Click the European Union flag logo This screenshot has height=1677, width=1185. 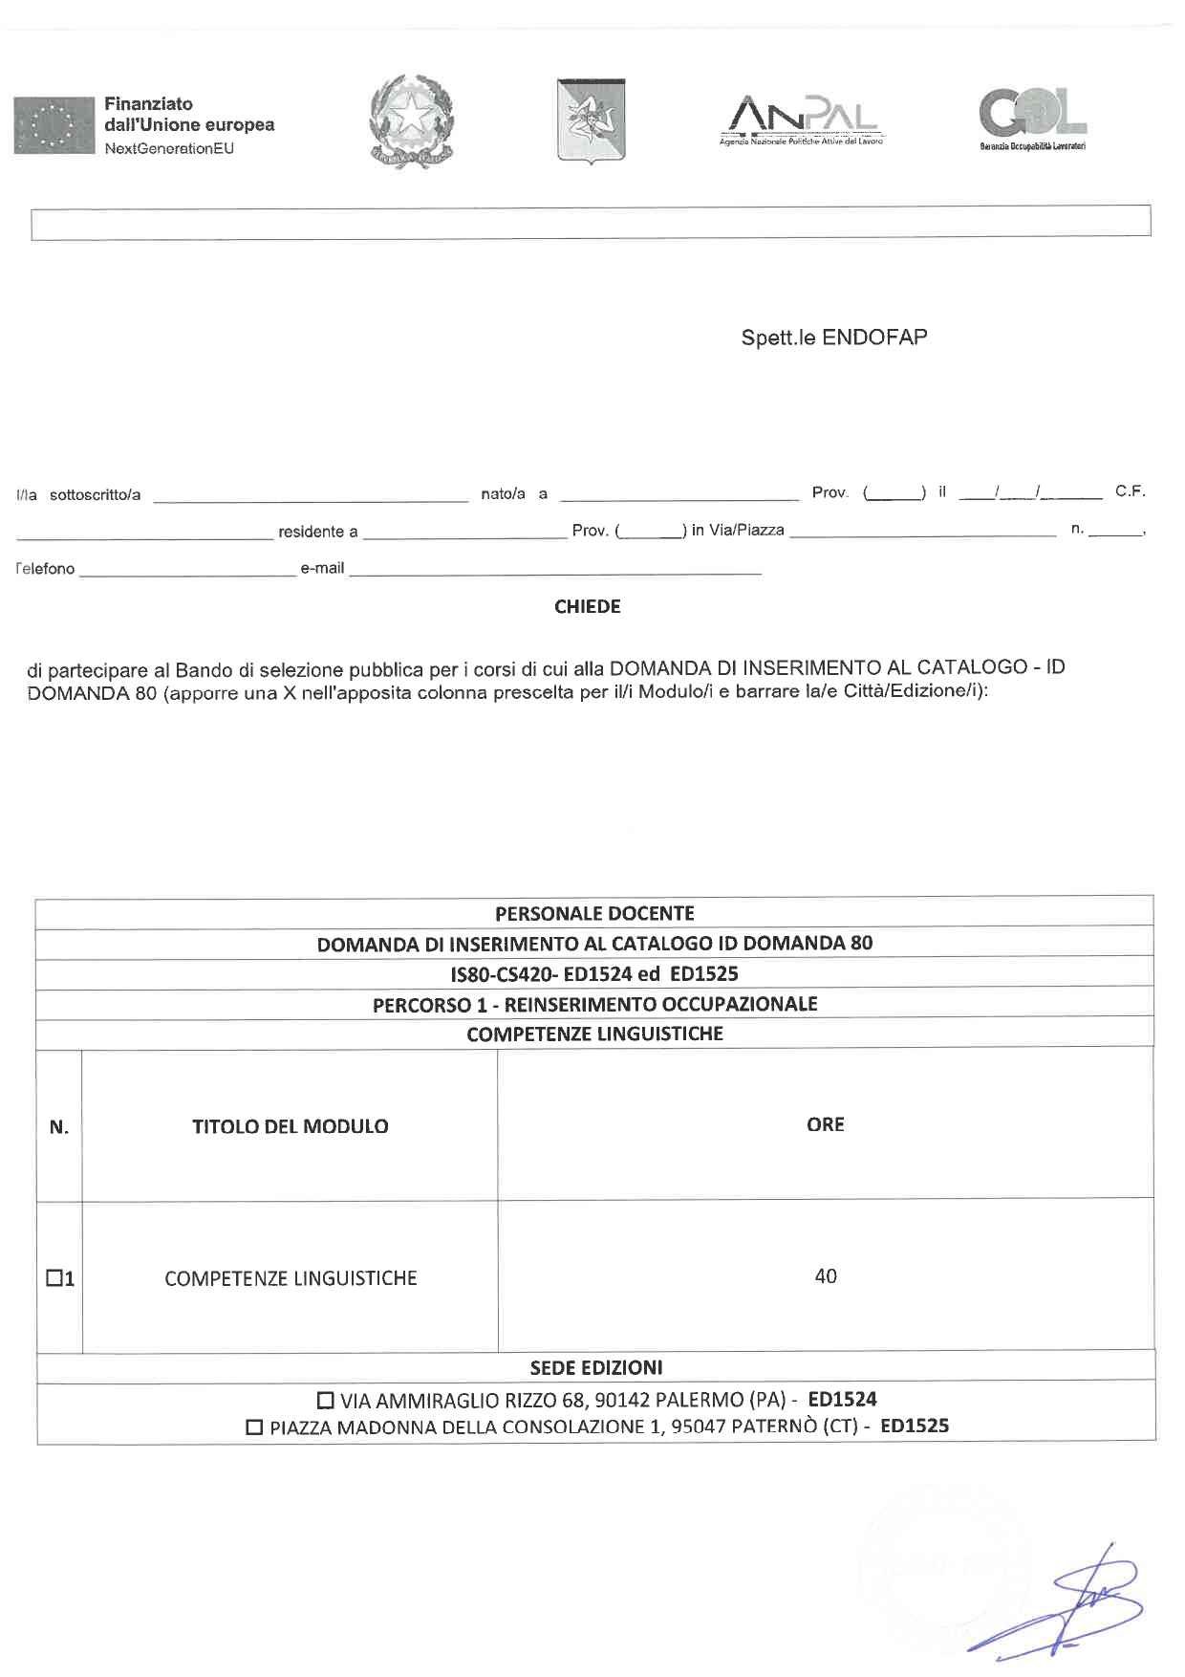tap(53, 125)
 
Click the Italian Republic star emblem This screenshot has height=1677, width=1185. tap(411, 121)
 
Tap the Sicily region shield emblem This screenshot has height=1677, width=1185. tap(591, 120)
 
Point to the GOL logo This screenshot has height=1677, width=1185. tap(1032, 118)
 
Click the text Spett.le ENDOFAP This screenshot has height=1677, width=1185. tap(833, 338)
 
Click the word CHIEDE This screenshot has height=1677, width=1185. tap(587, 607)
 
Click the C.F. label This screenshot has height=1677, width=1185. tap(1130, 491)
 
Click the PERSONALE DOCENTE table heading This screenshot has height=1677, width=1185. tap(594, 913)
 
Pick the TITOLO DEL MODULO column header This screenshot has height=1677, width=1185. tap(290, 1126)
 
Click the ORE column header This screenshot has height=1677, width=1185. tap(825, 1124)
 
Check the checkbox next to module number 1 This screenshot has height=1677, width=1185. tap(54, 1277)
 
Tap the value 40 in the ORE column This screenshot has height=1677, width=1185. tap(825, 1276)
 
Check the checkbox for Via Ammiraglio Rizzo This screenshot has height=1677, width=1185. tap(326, 1401)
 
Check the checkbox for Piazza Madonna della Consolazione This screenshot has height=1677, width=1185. tap(255, 1427)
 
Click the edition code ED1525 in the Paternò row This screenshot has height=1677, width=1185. tap(915, 1427)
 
